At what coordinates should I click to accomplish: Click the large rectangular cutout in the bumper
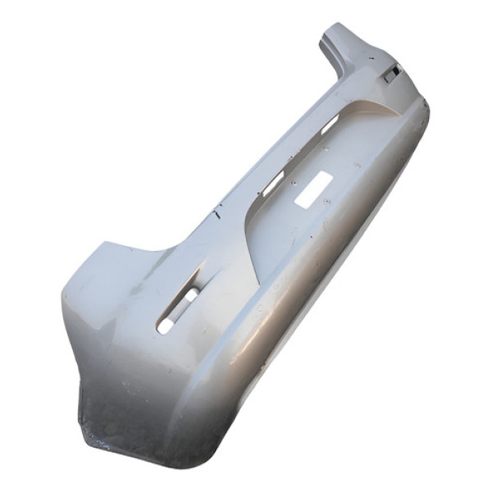click(312, 188)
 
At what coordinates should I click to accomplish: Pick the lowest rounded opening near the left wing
click(166, 325)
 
